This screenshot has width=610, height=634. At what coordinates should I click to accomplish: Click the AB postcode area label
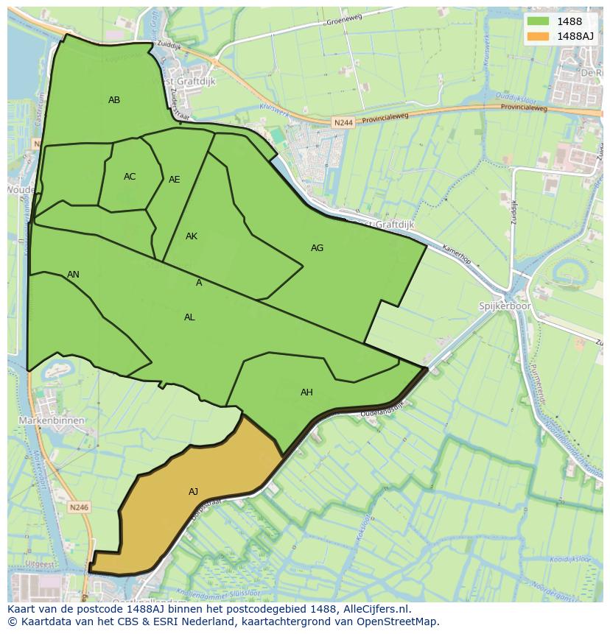pyautogui.click(x=114, y=100)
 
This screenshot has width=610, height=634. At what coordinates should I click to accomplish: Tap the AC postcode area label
pyautogui.click(x=130, y=177)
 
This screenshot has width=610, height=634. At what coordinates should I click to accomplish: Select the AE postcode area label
pyautogui.click(x=175, y=180)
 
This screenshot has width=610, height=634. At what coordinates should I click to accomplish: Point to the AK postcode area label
pyautogui.click(x=192, y=236)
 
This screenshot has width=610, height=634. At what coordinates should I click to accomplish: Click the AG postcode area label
pyautogui.click(x=317, y=248)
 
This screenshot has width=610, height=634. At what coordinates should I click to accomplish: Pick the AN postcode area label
pyautogui.click(x=73, y=275)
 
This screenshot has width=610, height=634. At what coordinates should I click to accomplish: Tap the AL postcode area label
pyautogui.click(x=189, y=317)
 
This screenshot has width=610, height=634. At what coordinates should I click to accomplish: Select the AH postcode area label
pyautogui.click(x=306, y=392)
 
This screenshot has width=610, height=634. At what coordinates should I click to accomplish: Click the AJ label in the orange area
pyautogui.click(x=193, y=492)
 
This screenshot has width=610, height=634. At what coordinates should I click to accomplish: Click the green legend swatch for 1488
pyautogui.click(x=539, y=22)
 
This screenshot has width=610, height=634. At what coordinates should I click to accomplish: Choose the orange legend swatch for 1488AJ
pyautogui.click(x=539, y=36)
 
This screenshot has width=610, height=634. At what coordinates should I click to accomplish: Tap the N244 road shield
pyautogui.click(x=343, y=123)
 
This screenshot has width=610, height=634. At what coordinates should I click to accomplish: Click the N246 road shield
pyautogui.click(x=80, y=507)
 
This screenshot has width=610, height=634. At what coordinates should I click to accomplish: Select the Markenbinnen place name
pyautogui.click(x=52, y=420)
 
